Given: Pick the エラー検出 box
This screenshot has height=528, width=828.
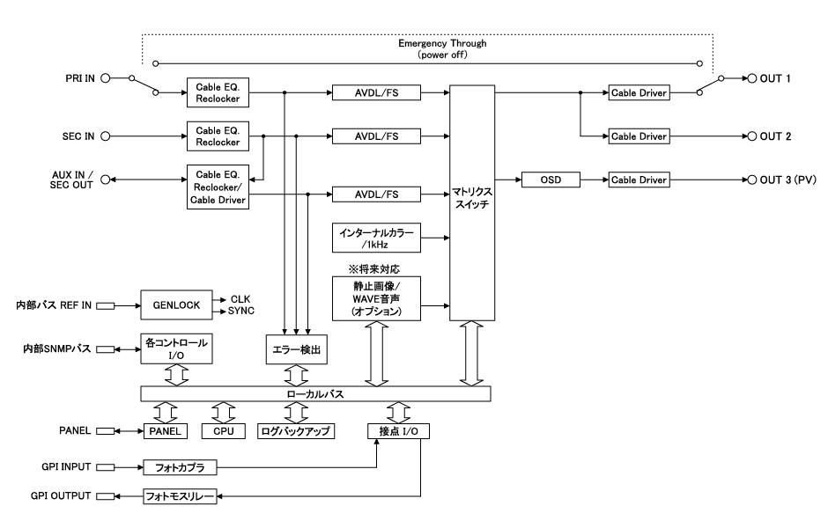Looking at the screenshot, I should coord(295,349).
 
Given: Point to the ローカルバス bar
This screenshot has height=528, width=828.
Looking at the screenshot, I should coord(314,395).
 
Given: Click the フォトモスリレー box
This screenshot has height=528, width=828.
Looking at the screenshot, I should coord(181,497).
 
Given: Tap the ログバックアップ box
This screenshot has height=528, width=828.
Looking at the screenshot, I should coord(295,432).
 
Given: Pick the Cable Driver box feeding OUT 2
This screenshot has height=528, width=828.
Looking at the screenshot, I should coord(639,136).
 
